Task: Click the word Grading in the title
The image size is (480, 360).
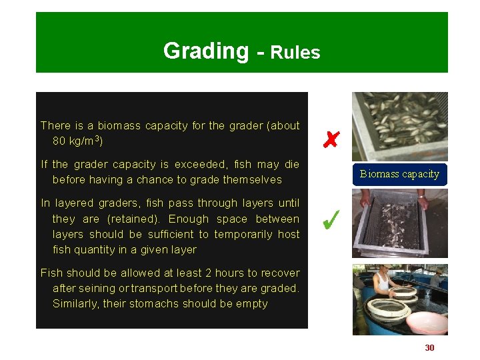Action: [205, 51]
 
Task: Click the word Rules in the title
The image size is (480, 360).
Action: [295, 53]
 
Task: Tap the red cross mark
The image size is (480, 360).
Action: [331, 139]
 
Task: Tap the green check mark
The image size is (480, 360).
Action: [331, 219]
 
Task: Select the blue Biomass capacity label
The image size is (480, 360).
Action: [399, 174]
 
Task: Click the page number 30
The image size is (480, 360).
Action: [429, 347]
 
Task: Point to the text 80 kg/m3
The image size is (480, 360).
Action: [77, 141]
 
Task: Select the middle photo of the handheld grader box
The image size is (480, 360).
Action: [399, 223]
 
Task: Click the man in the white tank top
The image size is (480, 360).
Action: [384, 283]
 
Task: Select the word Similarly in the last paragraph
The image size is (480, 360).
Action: [75, 303]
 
